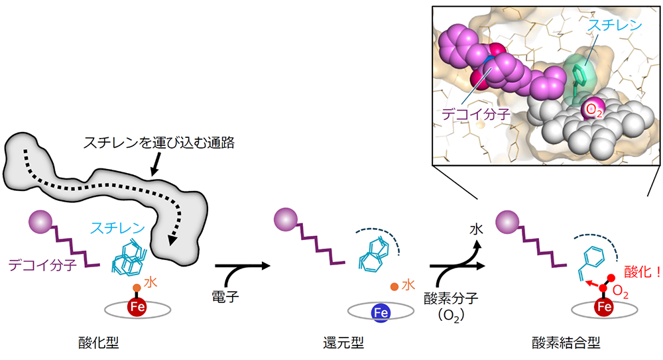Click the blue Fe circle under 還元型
click(381, 313)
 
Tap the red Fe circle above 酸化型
click(137, 306)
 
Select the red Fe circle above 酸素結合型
click(604, 306)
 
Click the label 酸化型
click(99, 343)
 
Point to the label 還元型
click(343, 343)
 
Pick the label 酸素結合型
click(566, 343)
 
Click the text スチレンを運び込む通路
click(159, 143)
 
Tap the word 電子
click(225, 296)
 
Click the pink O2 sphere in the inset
click(592, 110)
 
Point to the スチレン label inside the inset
click(615, 25)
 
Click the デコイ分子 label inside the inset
click(476, 114)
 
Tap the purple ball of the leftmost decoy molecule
click(40, 221)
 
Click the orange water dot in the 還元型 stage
click(394, 287)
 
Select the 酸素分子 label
click(451, 298)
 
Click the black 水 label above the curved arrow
click(477, 229)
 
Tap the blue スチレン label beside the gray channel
click(118, 229)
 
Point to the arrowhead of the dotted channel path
click(172, 240)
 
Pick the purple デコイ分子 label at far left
click(42, 265)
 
